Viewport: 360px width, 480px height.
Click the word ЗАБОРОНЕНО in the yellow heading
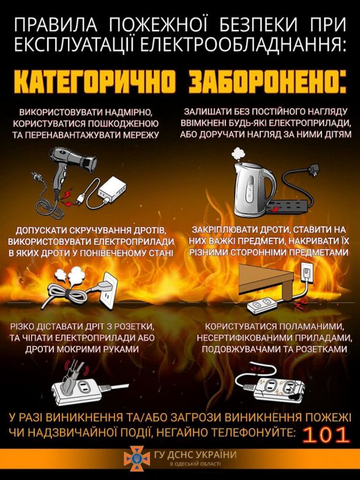click(x=268, y=82)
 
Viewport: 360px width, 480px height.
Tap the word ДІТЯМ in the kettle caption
click(x=334, y=135)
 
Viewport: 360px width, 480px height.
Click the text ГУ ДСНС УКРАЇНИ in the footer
click(x=195, y=454)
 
